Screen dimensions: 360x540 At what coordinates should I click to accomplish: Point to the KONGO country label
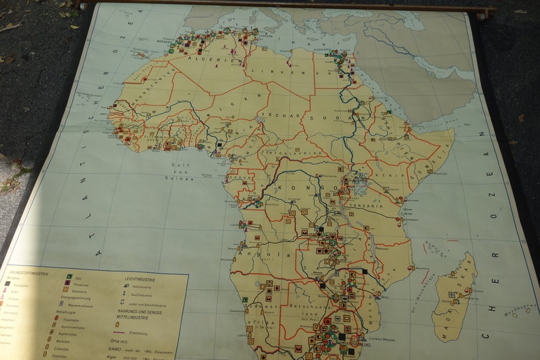[313, 186]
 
